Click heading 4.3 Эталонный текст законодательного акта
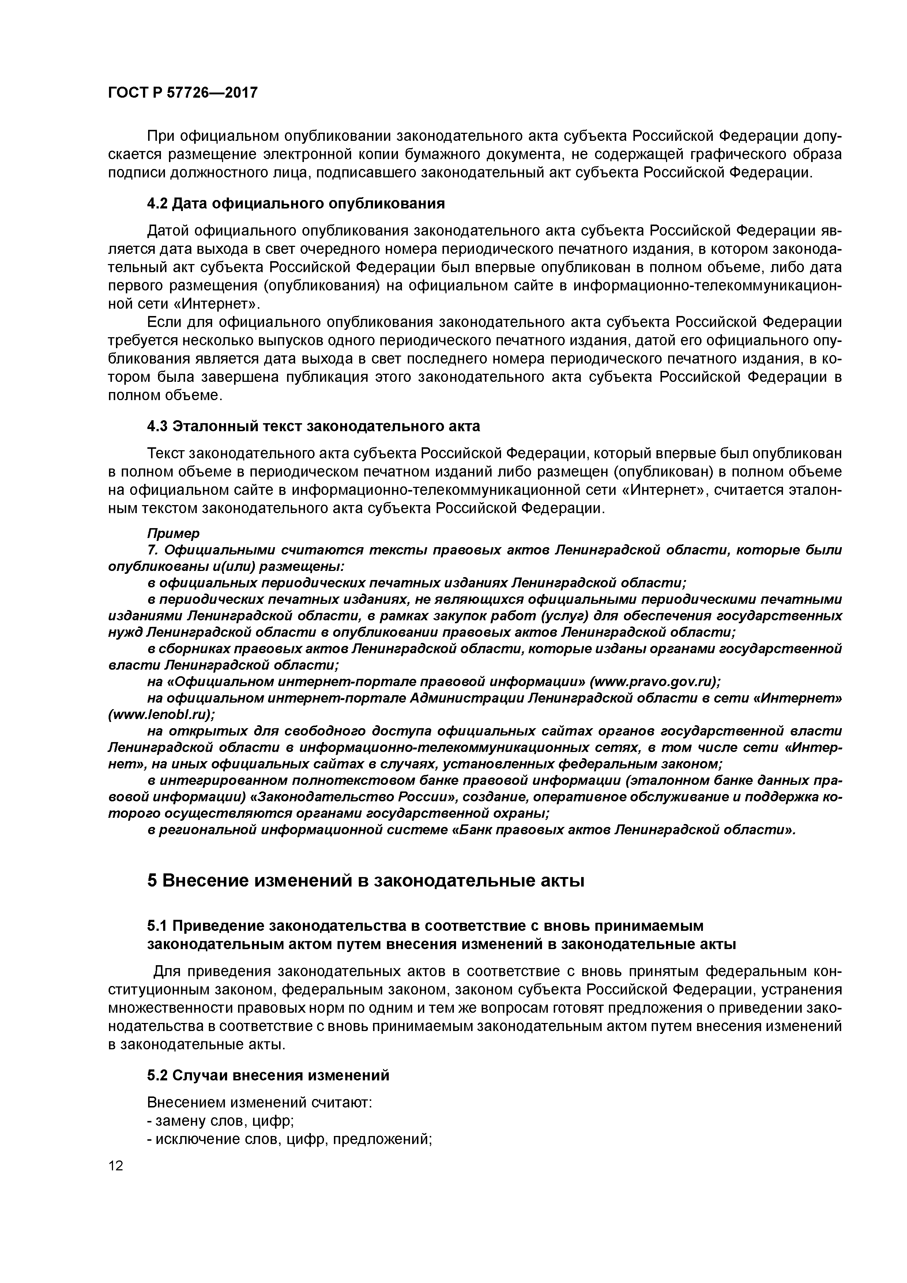click(x=313, y=426)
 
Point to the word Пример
click(x=173, y=533)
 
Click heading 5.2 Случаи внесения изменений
click(x=268, y=1076)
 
